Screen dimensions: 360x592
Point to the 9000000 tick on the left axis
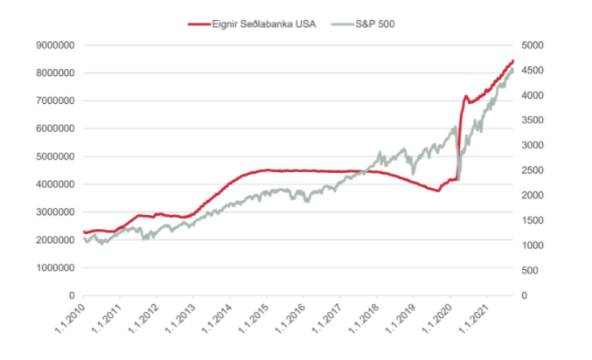tap(54, 45)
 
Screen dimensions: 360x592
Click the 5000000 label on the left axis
tap(54, 156)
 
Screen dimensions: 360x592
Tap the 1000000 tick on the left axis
tap(54, 267)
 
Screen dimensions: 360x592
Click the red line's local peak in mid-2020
tap(466, 96)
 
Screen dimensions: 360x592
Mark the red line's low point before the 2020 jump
tap(437, 190)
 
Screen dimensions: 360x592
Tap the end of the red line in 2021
tap(513, 61)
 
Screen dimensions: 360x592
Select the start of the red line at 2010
tap(84, 232)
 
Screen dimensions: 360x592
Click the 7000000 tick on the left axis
tap(54, 100)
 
